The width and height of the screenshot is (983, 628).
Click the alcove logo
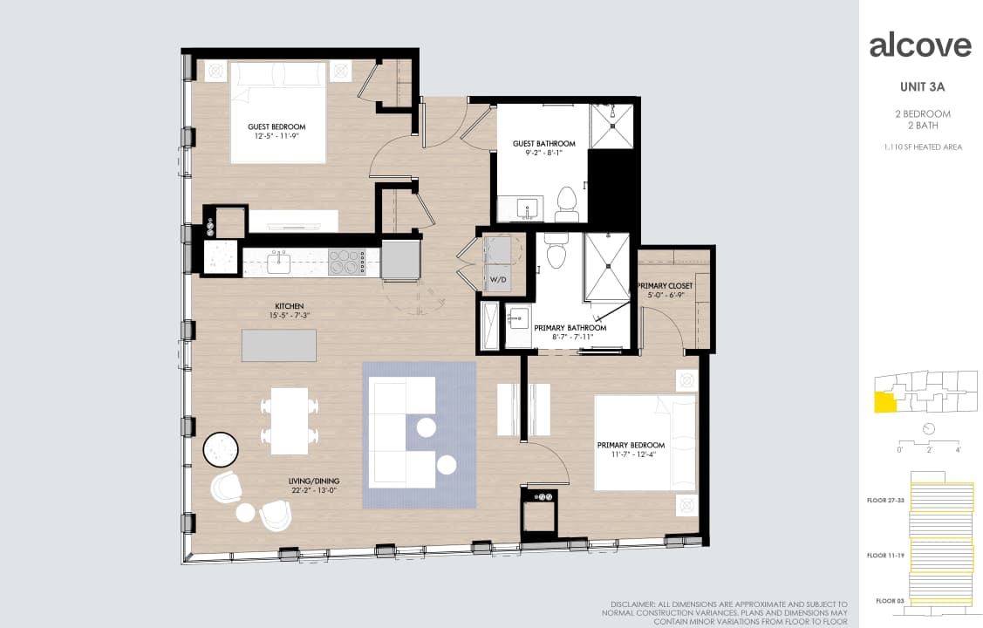click(x=920, y=45)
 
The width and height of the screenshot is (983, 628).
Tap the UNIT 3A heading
click(x=922, y=86)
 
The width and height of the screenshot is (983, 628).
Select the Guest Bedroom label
click(x=276, y=126)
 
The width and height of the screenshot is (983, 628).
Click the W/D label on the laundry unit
click(x=498, y=280)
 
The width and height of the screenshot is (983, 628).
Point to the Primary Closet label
click(x=665, y=286)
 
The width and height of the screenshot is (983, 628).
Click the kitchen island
click(x=279, y=345)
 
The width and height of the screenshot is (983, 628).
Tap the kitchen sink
click(x=280, y=261)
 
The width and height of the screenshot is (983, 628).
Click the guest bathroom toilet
click(x=567, y=201)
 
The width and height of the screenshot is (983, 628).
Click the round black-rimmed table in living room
click(x=222, y=450)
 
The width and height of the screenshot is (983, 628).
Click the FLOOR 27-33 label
click(x=885, y=501)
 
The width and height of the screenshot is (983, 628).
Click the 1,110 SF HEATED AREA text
click(x=923, y=147)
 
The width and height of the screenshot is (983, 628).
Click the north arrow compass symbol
click(x=928, y=428)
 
